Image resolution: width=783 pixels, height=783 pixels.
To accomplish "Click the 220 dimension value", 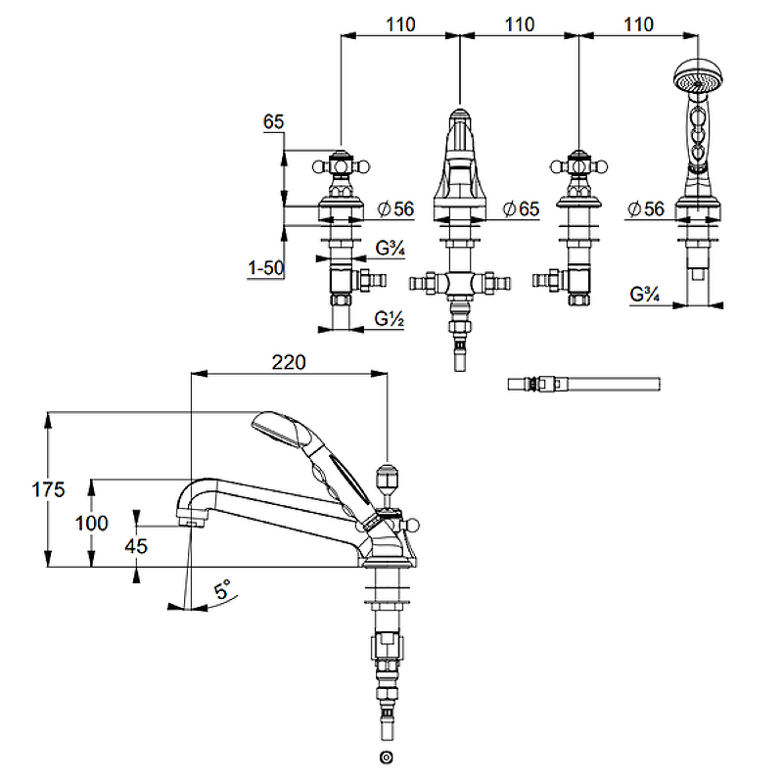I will pyautogui.click(x=289, y=361).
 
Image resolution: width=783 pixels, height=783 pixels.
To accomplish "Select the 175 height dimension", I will pyautogui.click(x=21, y=488).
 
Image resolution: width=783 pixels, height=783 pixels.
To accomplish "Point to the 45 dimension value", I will pyautogui.click(x=136, y=546).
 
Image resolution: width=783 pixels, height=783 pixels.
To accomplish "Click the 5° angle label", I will pyautogui.click(x=223, y=590).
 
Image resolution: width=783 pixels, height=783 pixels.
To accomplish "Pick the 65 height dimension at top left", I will pyautogui.click(x=273, y=122).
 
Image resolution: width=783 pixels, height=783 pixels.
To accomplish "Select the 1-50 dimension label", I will pyautogui.click(x=265, y=267).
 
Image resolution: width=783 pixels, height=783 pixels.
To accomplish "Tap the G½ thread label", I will pyautogui.click(x=390, y=319).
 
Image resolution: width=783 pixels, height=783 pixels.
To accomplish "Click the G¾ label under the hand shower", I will pyautogui.click(x=644, y=294).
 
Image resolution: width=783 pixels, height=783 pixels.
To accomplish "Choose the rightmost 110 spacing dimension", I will pyautogui.click(x=638, y=24).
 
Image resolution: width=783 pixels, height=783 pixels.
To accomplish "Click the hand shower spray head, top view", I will pyautogui.click(x=694, y=77).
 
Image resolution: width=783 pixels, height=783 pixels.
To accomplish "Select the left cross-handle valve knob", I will pyautogui.click(x=340, y=165).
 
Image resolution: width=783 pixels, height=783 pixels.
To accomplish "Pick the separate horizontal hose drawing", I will pyautogui.click(x=584, y=384).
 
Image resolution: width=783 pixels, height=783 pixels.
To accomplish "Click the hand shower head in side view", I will pyautogui.click(x=279, y=430).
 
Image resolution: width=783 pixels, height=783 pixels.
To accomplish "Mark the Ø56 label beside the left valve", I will pyautogui.click(x=395, y=208).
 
